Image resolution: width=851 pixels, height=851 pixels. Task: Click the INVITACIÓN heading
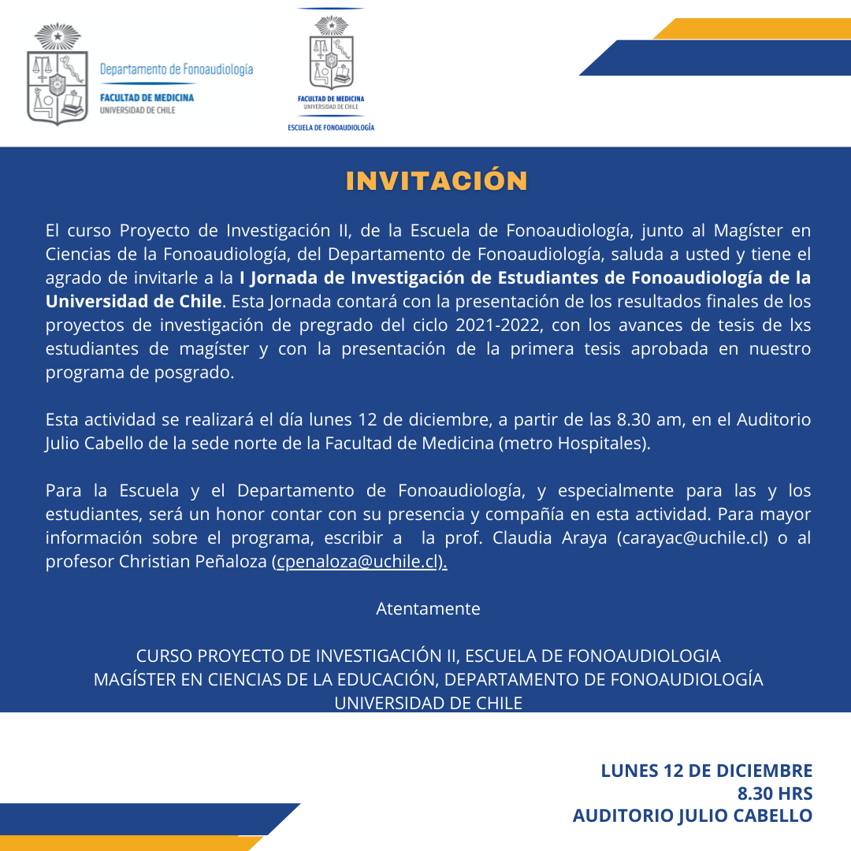[437, 180]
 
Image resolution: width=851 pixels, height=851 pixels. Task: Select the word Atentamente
[428, 609]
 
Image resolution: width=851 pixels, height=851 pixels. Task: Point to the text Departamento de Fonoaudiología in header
[177, 69]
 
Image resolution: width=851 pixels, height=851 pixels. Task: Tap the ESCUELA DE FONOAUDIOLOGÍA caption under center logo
[331, 127]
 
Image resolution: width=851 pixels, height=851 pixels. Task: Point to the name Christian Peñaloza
[193, 563]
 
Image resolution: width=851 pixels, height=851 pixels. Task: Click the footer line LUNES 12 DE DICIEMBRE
[706, 770]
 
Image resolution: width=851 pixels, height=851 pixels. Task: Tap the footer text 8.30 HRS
[775, 793]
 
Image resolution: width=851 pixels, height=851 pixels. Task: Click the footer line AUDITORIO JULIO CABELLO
[692, 816]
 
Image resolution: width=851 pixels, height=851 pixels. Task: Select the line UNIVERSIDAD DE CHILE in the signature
[428, 703]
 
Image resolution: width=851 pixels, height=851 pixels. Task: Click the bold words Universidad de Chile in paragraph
[133, 302]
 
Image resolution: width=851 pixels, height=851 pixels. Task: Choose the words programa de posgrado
[139, 373]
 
